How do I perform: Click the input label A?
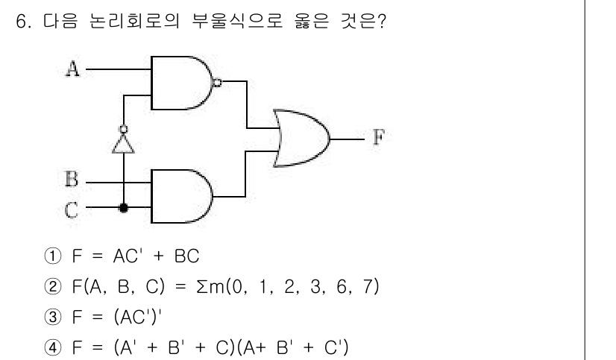[x=72, y=69]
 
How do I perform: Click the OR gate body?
[x=300, y=138]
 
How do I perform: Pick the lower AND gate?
[x=181, y=195]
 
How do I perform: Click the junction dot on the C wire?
[x=124, y=209]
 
